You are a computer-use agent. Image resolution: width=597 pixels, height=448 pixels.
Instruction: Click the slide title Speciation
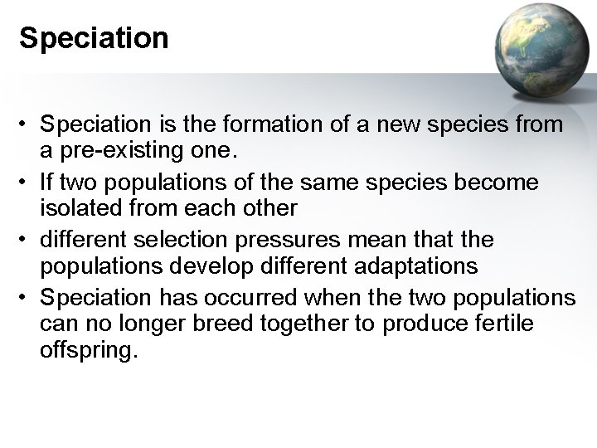(x=93, y=38)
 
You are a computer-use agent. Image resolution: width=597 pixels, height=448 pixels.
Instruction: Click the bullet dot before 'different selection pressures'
(x=27, y=240)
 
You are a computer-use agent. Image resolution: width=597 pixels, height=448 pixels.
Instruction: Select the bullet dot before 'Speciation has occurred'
(x=27, y=297)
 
